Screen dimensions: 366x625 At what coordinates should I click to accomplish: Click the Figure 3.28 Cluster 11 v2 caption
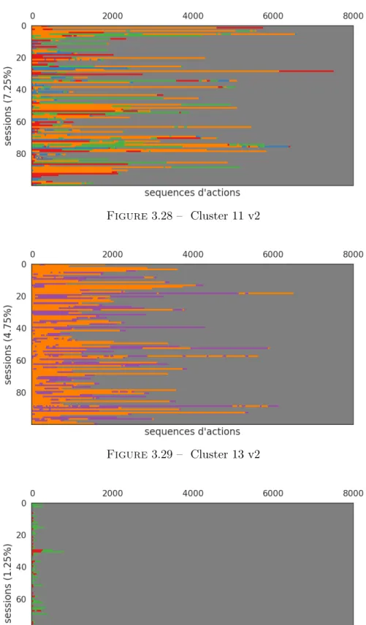pos(183,215)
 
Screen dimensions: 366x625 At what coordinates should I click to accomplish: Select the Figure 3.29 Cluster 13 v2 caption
pos(183,454)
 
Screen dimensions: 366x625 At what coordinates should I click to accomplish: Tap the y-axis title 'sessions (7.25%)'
pos(7,106)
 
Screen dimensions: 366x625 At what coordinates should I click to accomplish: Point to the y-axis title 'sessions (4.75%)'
pos(7,345)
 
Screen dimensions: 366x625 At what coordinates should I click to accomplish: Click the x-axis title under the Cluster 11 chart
pos(192,193)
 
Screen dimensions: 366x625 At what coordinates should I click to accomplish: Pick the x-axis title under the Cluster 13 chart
pos(192,432)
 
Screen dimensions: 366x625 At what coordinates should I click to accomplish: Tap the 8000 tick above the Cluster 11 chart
pos(353,16)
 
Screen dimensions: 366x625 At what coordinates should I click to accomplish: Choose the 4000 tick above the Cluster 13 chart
pos(193,254)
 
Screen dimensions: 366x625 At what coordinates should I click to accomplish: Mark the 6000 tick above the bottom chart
pos(272,493)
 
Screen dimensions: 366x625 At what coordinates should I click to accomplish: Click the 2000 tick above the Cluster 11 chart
pos(113,16)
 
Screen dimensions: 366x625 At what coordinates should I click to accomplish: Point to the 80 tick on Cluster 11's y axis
pos(21,154)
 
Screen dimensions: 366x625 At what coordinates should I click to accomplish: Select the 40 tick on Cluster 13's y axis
pos(21,329)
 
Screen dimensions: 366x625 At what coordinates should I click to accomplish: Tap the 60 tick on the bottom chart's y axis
pos(21,599)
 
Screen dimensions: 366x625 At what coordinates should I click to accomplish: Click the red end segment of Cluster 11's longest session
pos(306,71)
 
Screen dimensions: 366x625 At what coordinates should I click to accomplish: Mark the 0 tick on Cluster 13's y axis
pos(24,264)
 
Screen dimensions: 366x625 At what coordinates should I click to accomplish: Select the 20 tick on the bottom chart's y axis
pos(21,535)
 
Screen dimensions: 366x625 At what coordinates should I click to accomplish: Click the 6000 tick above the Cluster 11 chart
pos(272,16)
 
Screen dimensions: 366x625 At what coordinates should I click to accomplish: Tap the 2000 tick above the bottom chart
pos(113,493)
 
